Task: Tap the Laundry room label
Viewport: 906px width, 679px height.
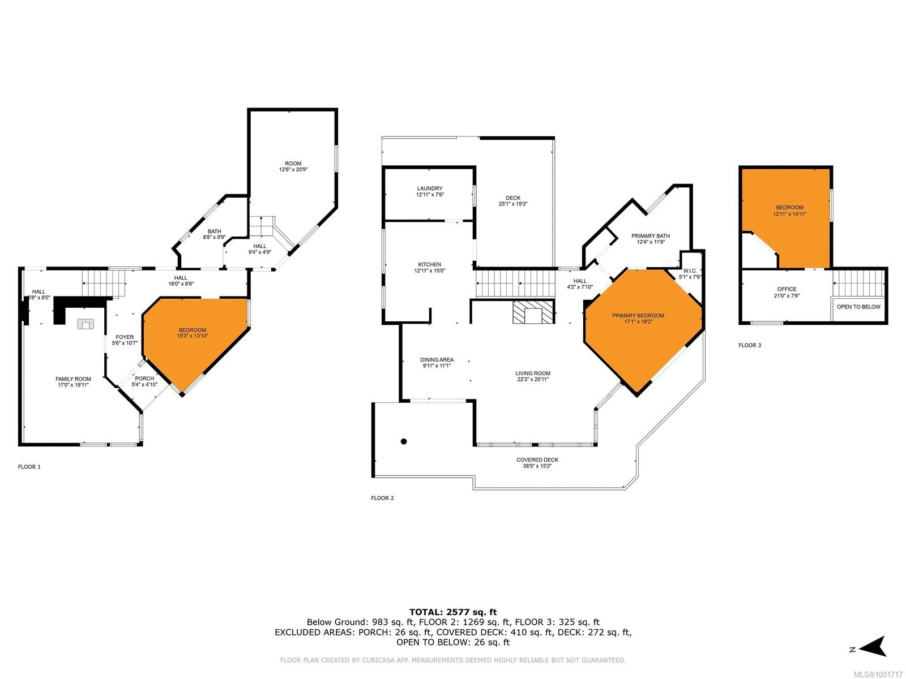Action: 430,191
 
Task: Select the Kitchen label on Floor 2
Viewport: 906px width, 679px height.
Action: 429,268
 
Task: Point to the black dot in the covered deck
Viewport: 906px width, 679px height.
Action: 404,441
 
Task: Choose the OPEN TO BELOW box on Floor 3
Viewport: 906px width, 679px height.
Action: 858,307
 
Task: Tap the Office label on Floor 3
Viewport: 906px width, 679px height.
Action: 787,292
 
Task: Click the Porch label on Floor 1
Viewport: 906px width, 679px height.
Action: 144,381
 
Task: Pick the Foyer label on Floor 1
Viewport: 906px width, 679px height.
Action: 125,339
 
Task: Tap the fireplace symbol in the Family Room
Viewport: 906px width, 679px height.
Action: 86,324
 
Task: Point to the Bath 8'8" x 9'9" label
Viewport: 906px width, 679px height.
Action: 214,234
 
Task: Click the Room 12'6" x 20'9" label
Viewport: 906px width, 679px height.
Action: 293,166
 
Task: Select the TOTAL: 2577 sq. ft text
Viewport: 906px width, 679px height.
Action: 452,612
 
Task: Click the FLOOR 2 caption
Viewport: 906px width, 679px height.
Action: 382,498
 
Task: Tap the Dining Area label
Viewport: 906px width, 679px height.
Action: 437,363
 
